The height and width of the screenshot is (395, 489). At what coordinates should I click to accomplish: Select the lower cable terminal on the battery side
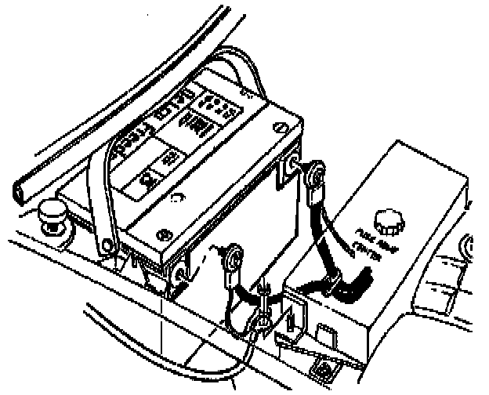(233, 258)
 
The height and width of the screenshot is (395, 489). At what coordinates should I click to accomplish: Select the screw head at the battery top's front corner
(164, 234)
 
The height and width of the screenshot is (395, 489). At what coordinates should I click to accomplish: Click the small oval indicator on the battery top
(181, 197)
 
